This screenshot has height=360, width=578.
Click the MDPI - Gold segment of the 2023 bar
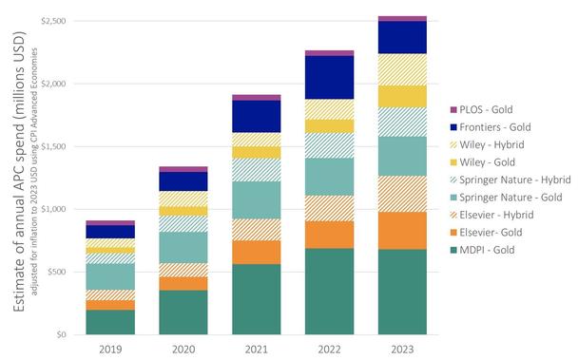pos(402,292)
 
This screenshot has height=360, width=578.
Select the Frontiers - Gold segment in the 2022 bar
pos(329,77)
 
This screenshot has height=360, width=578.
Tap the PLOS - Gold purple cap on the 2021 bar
pos(256,97)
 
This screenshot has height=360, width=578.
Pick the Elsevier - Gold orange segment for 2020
pos(183,283)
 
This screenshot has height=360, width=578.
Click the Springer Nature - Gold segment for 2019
pos(110,276)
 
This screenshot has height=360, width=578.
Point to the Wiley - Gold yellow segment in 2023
pos(402,96)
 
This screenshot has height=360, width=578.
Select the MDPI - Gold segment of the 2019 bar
pos(110,322)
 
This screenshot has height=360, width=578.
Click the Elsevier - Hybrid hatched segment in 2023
pos(402,194)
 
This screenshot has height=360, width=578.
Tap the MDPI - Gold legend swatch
pos(453,250)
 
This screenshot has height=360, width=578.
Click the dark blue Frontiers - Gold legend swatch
pos(453,128)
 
